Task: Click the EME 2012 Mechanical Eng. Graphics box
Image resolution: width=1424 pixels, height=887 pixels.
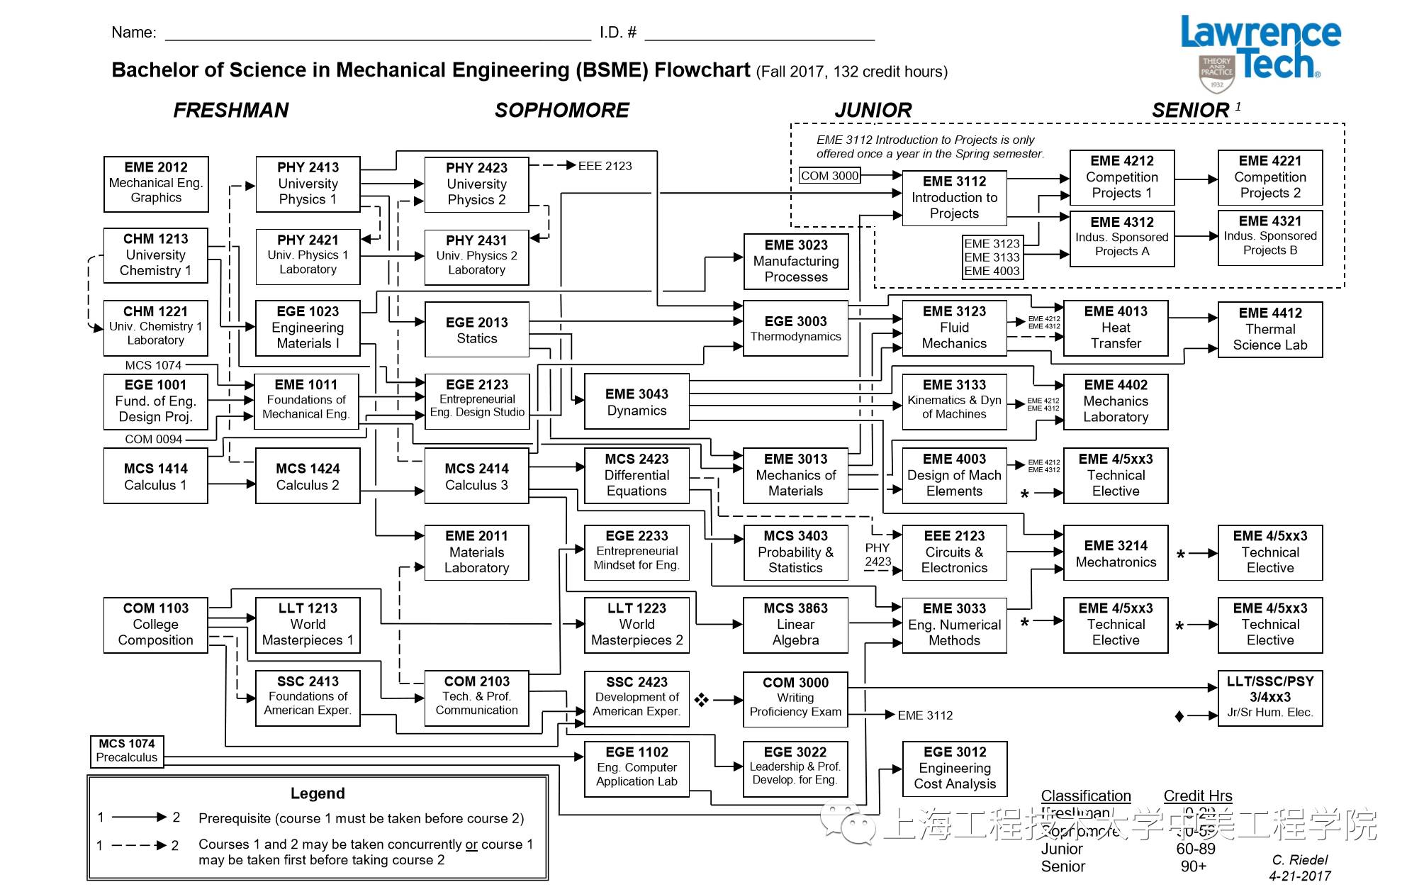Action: (x=156, y=184)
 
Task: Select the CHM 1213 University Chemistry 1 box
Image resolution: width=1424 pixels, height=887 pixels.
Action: (x=156, y=255)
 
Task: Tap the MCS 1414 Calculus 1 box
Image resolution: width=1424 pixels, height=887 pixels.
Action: (x=156, y=476)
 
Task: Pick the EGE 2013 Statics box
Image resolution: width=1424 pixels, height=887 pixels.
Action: (x=476, y=330)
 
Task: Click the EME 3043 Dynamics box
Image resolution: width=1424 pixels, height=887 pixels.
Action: (x=637, y=402)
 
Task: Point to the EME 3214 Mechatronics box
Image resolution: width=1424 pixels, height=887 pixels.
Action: (x=1116, y=553)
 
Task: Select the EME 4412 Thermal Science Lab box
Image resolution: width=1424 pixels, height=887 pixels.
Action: (x=1270, y=329)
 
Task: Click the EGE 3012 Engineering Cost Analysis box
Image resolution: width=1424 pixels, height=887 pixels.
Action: (x=955, y=768)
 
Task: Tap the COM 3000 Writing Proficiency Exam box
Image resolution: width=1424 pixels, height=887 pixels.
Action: (x=795, y=698)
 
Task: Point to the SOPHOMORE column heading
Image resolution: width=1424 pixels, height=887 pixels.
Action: (x=561, y=111)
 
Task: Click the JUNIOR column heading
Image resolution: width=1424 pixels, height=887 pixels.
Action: (x=873, y=111)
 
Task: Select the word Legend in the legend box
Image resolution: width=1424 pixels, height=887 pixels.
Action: (x=318, y=793)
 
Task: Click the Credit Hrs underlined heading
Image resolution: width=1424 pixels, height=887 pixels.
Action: (x=1197, y=796)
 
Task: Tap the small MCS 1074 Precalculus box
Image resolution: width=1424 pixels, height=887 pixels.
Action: (x=127, y=750)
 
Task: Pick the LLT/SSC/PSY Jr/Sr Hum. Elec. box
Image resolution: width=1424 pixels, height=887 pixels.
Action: (x=1270, y=697)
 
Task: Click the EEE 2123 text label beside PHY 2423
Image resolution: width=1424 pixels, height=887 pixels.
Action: (x=605, y=166)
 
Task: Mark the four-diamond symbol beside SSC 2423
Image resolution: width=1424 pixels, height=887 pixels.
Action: (x=701, y=700)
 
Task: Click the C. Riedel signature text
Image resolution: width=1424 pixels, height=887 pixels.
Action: (x=1299, y=860)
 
